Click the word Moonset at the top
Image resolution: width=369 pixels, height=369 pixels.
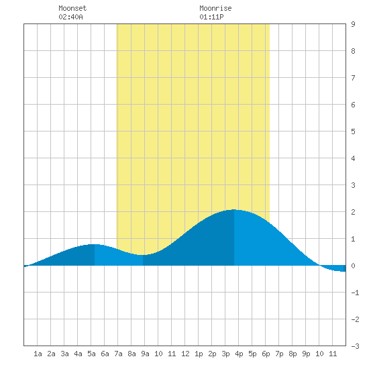pyautogui.click(x=72, y=8)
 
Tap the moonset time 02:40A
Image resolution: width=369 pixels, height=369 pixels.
pyautogui.click(x=70, y=17)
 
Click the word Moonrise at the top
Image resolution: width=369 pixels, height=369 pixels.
pyautogui.click(x=215, y=8)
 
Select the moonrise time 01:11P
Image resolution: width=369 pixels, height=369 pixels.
pyautogui.click(x=211, y=17)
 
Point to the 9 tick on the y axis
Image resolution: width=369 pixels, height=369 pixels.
pyautogui.click(x=353, y=24)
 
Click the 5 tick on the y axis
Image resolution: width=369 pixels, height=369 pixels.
pyautogui.click(x=353, y=131)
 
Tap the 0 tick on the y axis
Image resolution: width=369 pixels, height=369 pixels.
pyautogui.click(x=353, y=266)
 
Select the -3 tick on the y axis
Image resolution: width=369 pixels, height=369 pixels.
pyautogui.click(x=355, y=346)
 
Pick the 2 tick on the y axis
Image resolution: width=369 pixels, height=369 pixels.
pyautogui.click(x=353, y=212)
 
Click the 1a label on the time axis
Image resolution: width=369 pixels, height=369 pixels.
pyautogui.click(x=38, y=354)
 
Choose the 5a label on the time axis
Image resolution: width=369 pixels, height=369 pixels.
pyautogui.click(x=91, y=354)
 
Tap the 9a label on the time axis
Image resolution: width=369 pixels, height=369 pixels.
pyautogui.click(x=145, y=354)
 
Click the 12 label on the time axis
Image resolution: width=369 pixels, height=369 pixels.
pyautogui.click(x=185, y=354)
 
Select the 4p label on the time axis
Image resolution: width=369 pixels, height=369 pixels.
pyautogui.click(x=239, y=354)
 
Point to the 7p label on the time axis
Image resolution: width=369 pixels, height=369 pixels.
pyautogui.click(x=279, y=354)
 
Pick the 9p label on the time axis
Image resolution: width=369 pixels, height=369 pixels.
pyautogui.click(x=306, y=354)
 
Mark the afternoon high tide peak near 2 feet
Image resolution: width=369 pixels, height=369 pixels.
pyautogui.click(x=234, y=209)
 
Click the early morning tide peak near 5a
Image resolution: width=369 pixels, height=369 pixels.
pyautogui.click(x=95, y=244)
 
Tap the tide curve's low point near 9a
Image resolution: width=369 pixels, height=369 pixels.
pyautogui.click(x=143, y=255)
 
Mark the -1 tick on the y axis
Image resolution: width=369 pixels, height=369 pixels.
pyautogui.click(x=355, y=293)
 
